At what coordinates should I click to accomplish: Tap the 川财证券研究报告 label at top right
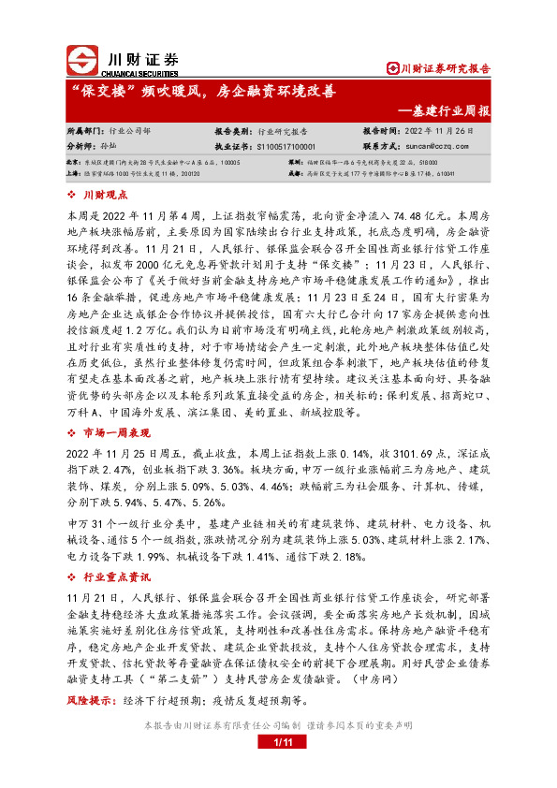[438, 68]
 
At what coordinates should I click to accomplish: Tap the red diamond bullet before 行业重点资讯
[73, 553]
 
